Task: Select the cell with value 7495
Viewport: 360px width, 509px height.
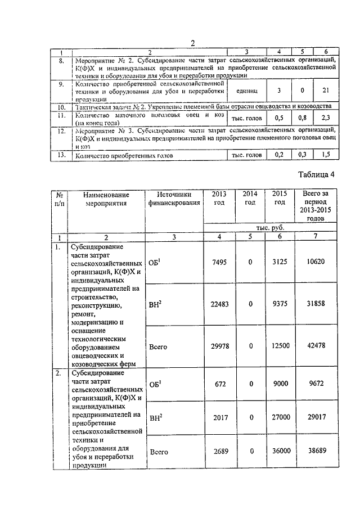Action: pos(218,264)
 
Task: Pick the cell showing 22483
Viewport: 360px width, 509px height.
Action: pos(218,304)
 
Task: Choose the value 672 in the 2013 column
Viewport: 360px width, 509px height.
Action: pos(218,385)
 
